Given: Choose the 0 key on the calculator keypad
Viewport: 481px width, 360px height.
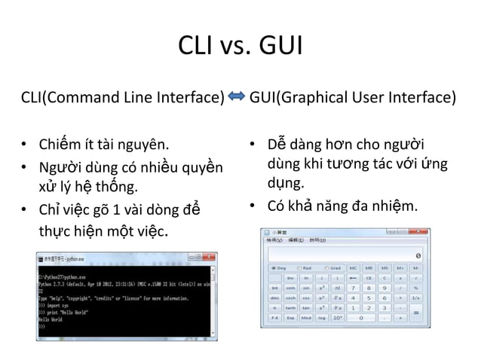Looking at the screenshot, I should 360,318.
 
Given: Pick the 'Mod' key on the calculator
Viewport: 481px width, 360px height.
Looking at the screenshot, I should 307,318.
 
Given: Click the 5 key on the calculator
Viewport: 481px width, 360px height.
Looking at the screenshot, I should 368,297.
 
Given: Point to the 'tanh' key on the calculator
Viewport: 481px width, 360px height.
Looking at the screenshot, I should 290,307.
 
